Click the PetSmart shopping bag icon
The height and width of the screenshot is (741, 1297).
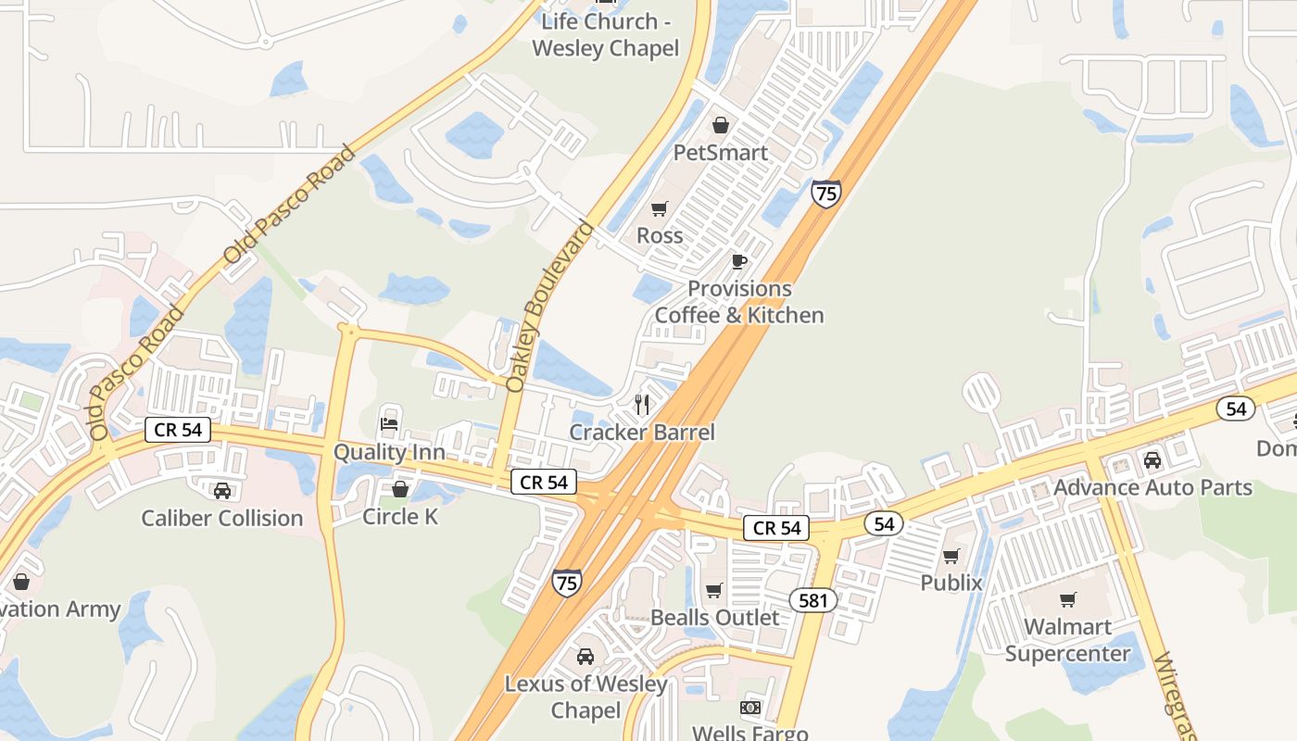720,125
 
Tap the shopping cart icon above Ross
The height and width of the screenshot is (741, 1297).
659,208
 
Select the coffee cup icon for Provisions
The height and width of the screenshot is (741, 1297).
738,261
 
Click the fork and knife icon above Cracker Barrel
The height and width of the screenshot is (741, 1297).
641,404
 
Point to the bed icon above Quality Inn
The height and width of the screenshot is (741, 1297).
389,424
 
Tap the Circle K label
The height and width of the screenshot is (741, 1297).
400,516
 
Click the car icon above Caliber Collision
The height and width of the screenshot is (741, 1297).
222,490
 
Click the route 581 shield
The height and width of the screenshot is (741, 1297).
813,600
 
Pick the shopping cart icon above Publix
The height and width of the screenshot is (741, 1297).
951,556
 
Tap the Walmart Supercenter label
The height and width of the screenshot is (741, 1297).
1067,640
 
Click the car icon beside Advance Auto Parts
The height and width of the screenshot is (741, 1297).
1152,459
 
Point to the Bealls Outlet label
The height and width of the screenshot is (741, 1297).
715,617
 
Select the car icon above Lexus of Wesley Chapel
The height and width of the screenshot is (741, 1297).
586,657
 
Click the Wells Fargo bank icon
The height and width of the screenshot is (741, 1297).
750,709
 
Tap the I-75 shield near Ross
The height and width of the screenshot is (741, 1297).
825,194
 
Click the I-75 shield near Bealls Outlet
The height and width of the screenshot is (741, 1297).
567,583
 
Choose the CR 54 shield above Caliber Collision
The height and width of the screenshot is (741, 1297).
178,430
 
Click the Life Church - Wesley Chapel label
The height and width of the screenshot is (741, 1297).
606,35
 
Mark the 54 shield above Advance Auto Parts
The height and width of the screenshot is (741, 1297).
1236,408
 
